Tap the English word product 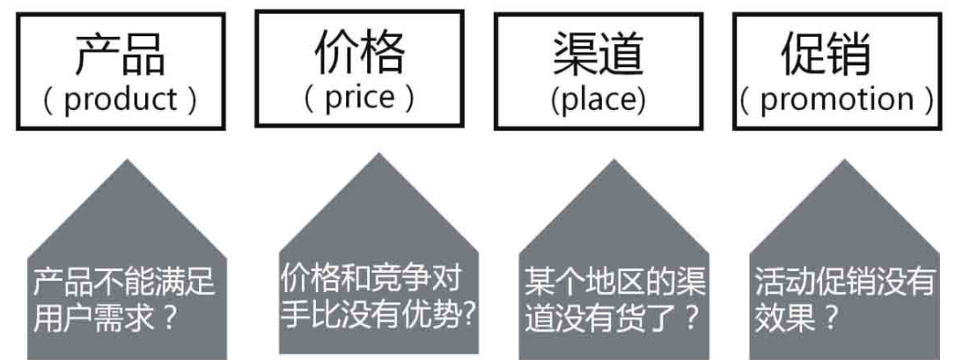point(121,99)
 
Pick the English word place point(599,99)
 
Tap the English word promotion point(834,99)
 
